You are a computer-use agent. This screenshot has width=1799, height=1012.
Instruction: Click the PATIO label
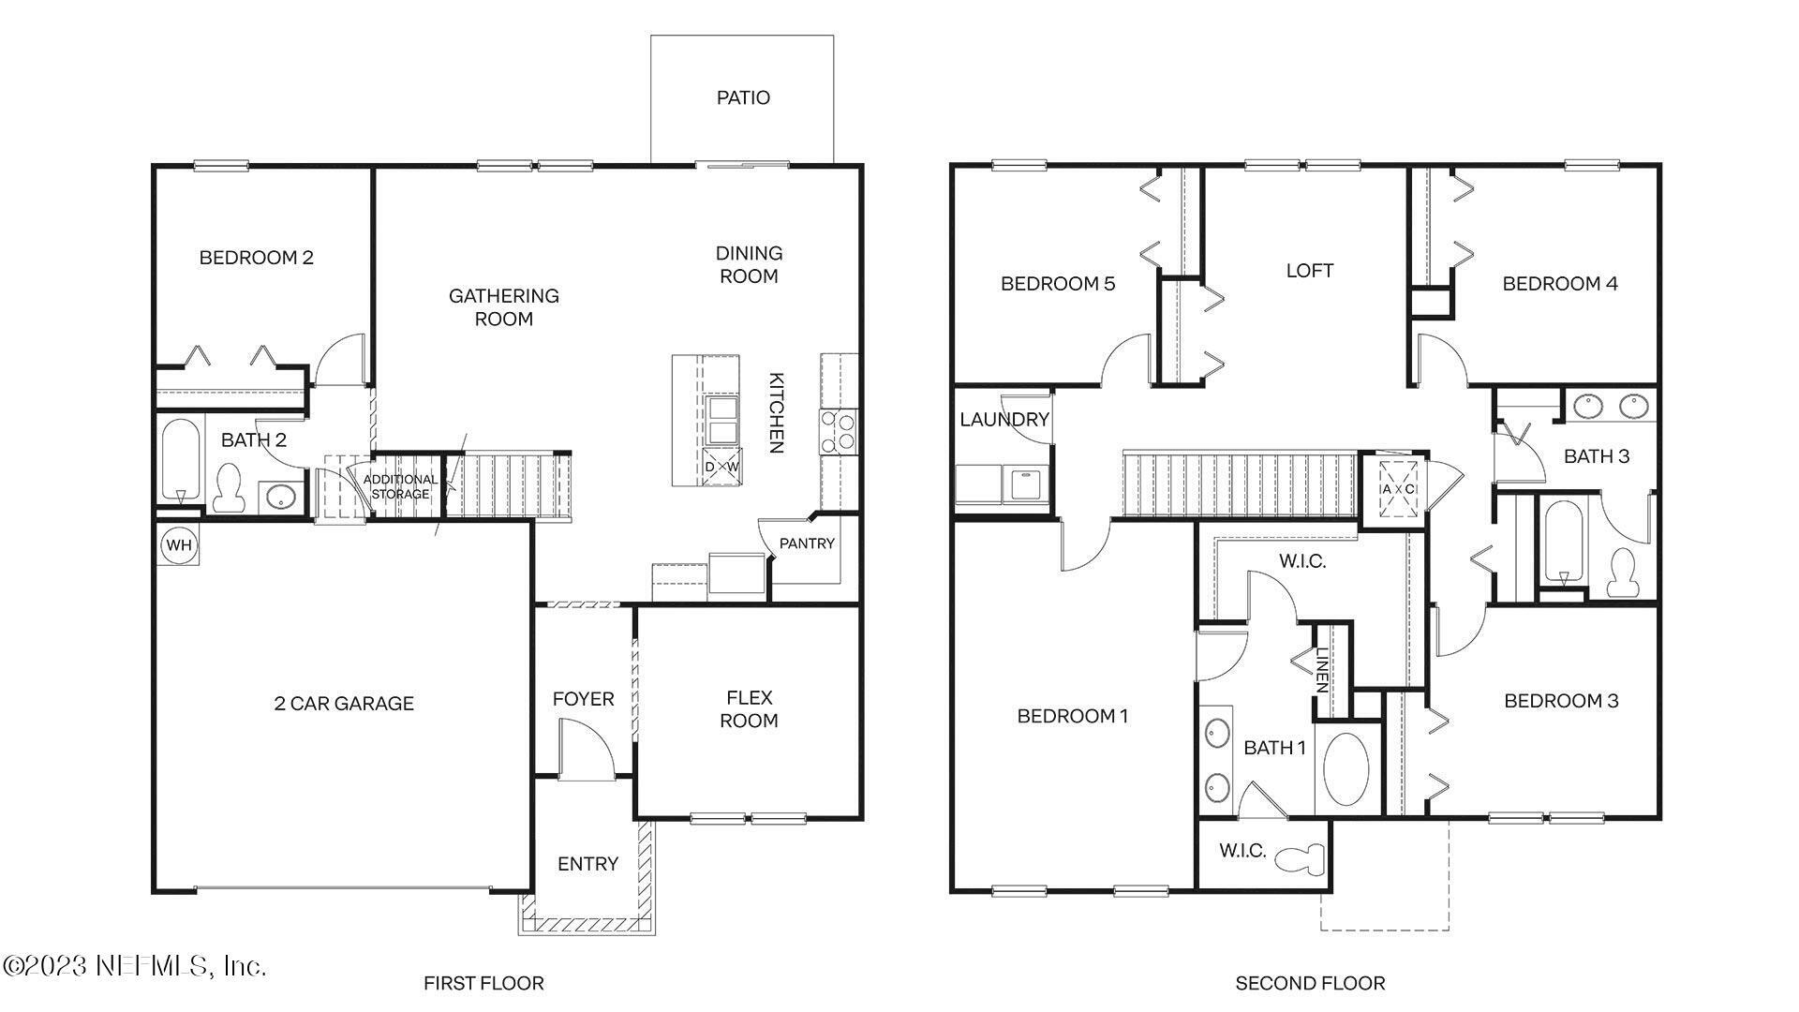(x=743, y=98)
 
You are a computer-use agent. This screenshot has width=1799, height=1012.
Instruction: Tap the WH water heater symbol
(x=178, y=545)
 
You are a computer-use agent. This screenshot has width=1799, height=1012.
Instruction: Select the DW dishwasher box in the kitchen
(x=721, y=467)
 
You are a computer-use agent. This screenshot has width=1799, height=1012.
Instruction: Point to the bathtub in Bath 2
(x=180, y=459)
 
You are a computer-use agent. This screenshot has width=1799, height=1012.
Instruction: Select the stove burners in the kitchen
(x=838, y=432)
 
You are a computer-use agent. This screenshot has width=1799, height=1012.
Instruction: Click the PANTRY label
(x=807, y=543)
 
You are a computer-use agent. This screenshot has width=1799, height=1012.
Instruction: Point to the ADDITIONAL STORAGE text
(x=400, y=486)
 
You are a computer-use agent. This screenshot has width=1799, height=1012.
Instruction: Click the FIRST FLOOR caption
(x=483, y=983)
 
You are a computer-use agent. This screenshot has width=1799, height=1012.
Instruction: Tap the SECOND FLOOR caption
(x=1310, y=983)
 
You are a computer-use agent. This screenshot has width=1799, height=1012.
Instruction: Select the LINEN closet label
(x=1322, y=670)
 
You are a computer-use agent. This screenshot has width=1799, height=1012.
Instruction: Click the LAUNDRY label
(x=1004, y=420)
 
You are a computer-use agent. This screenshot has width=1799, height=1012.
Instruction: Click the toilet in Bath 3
(x=1620, y=573)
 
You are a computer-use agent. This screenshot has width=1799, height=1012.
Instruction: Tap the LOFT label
(x=1309, y=271)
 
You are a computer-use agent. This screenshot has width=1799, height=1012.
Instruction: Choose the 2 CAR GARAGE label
(x=344, y=704)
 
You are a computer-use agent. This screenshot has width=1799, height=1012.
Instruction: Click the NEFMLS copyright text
(x=135, y=965)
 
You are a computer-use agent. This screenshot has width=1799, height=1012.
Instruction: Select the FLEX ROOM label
(x=749, y=709)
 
